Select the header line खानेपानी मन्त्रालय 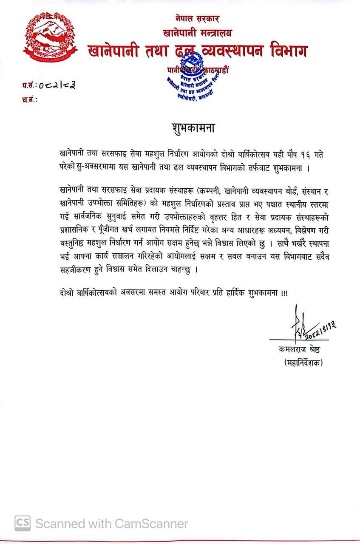click(x=197, y=32)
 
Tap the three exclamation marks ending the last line click(x=284, y=294)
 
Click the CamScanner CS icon click(x=23, y=523)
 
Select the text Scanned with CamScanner click(x=111, y=524)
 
